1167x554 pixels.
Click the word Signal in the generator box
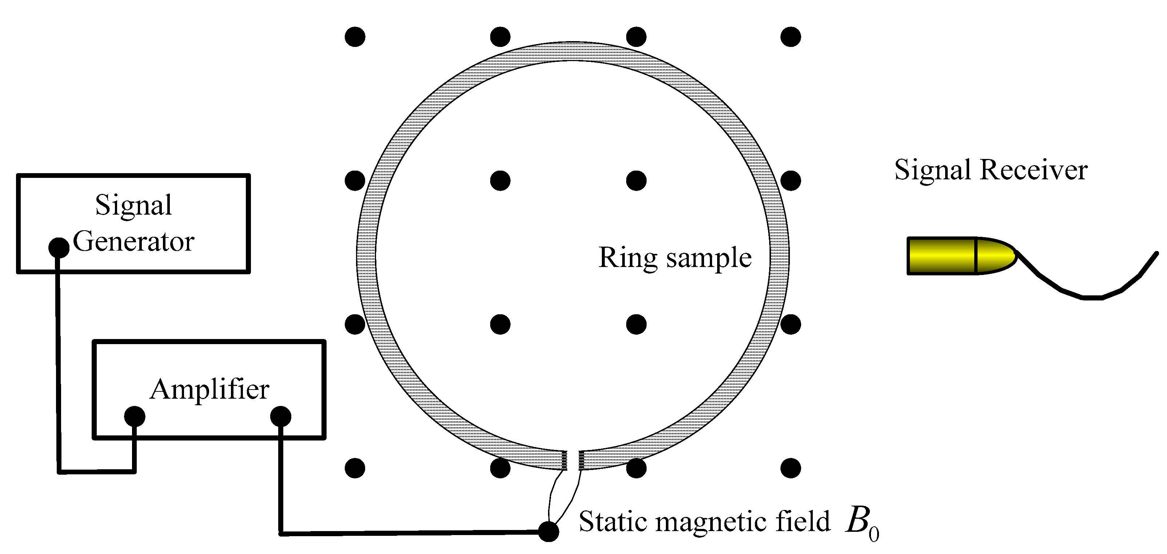click(133, 206)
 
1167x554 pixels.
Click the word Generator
click(133, 242)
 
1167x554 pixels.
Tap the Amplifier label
click(209, 390)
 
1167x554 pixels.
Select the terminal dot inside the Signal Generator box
click(59, 248)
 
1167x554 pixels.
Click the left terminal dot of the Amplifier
click(135, 416)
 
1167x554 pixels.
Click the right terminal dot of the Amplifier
click(280, 416)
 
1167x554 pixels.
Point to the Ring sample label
click(675, 258)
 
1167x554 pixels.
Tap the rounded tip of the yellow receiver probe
click(997, 256)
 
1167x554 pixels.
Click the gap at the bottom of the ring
click(573, 460)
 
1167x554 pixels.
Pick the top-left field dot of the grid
click(355, 36)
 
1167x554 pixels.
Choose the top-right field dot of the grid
click(791, 36)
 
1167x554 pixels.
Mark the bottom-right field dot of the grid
click(791, 468)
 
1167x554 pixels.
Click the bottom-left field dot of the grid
click(355, 468)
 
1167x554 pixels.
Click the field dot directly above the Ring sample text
click(636, 180)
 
